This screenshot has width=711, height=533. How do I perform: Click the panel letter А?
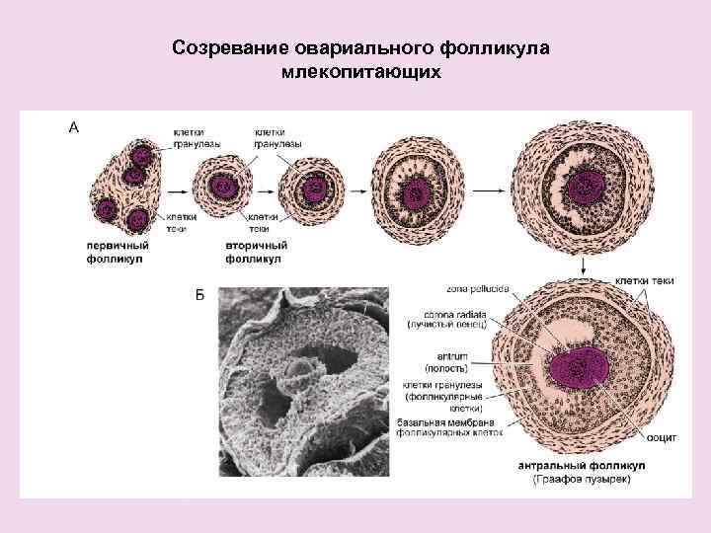pyautogui.click(x=73, y=126)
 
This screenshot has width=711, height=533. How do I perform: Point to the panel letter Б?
pyautogui.click(x=199, y=295)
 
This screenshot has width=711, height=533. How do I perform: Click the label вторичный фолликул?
pyautogui.click(x=256, y=251)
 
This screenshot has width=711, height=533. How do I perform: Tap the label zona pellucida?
pyautogui.click(x=477, y=289)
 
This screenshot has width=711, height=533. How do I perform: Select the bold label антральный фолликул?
pyautogui.click(x=582, y=465)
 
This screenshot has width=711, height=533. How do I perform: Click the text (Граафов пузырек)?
pyautogui.click(x=583, y=479)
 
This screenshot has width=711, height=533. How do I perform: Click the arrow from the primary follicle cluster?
pyautogui.click(x=175, y=187)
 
